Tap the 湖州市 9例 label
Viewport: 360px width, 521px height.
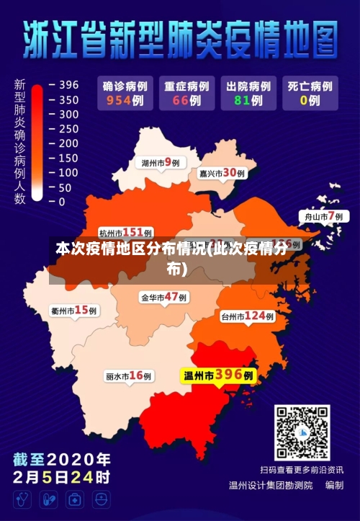[161, 162]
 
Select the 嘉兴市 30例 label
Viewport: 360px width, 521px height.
[222, 173]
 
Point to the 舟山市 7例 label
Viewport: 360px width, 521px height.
[322, 216]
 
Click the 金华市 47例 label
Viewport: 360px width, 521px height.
[164, 297]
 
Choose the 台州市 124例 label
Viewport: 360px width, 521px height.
[248, 316]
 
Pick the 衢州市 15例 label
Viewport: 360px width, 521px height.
[74, 311]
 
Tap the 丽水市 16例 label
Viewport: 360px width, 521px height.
[129, 376]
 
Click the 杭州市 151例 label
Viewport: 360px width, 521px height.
[125, 232]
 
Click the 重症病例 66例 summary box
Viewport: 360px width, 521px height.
[186, 93]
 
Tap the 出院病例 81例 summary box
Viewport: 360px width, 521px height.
[247, 93]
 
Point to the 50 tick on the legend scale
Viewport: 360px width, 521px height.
[67, 187]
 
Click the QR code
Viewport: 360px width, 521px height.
[302, 432]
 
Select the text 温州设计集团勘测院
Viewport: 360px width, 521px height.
[271, 486]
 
